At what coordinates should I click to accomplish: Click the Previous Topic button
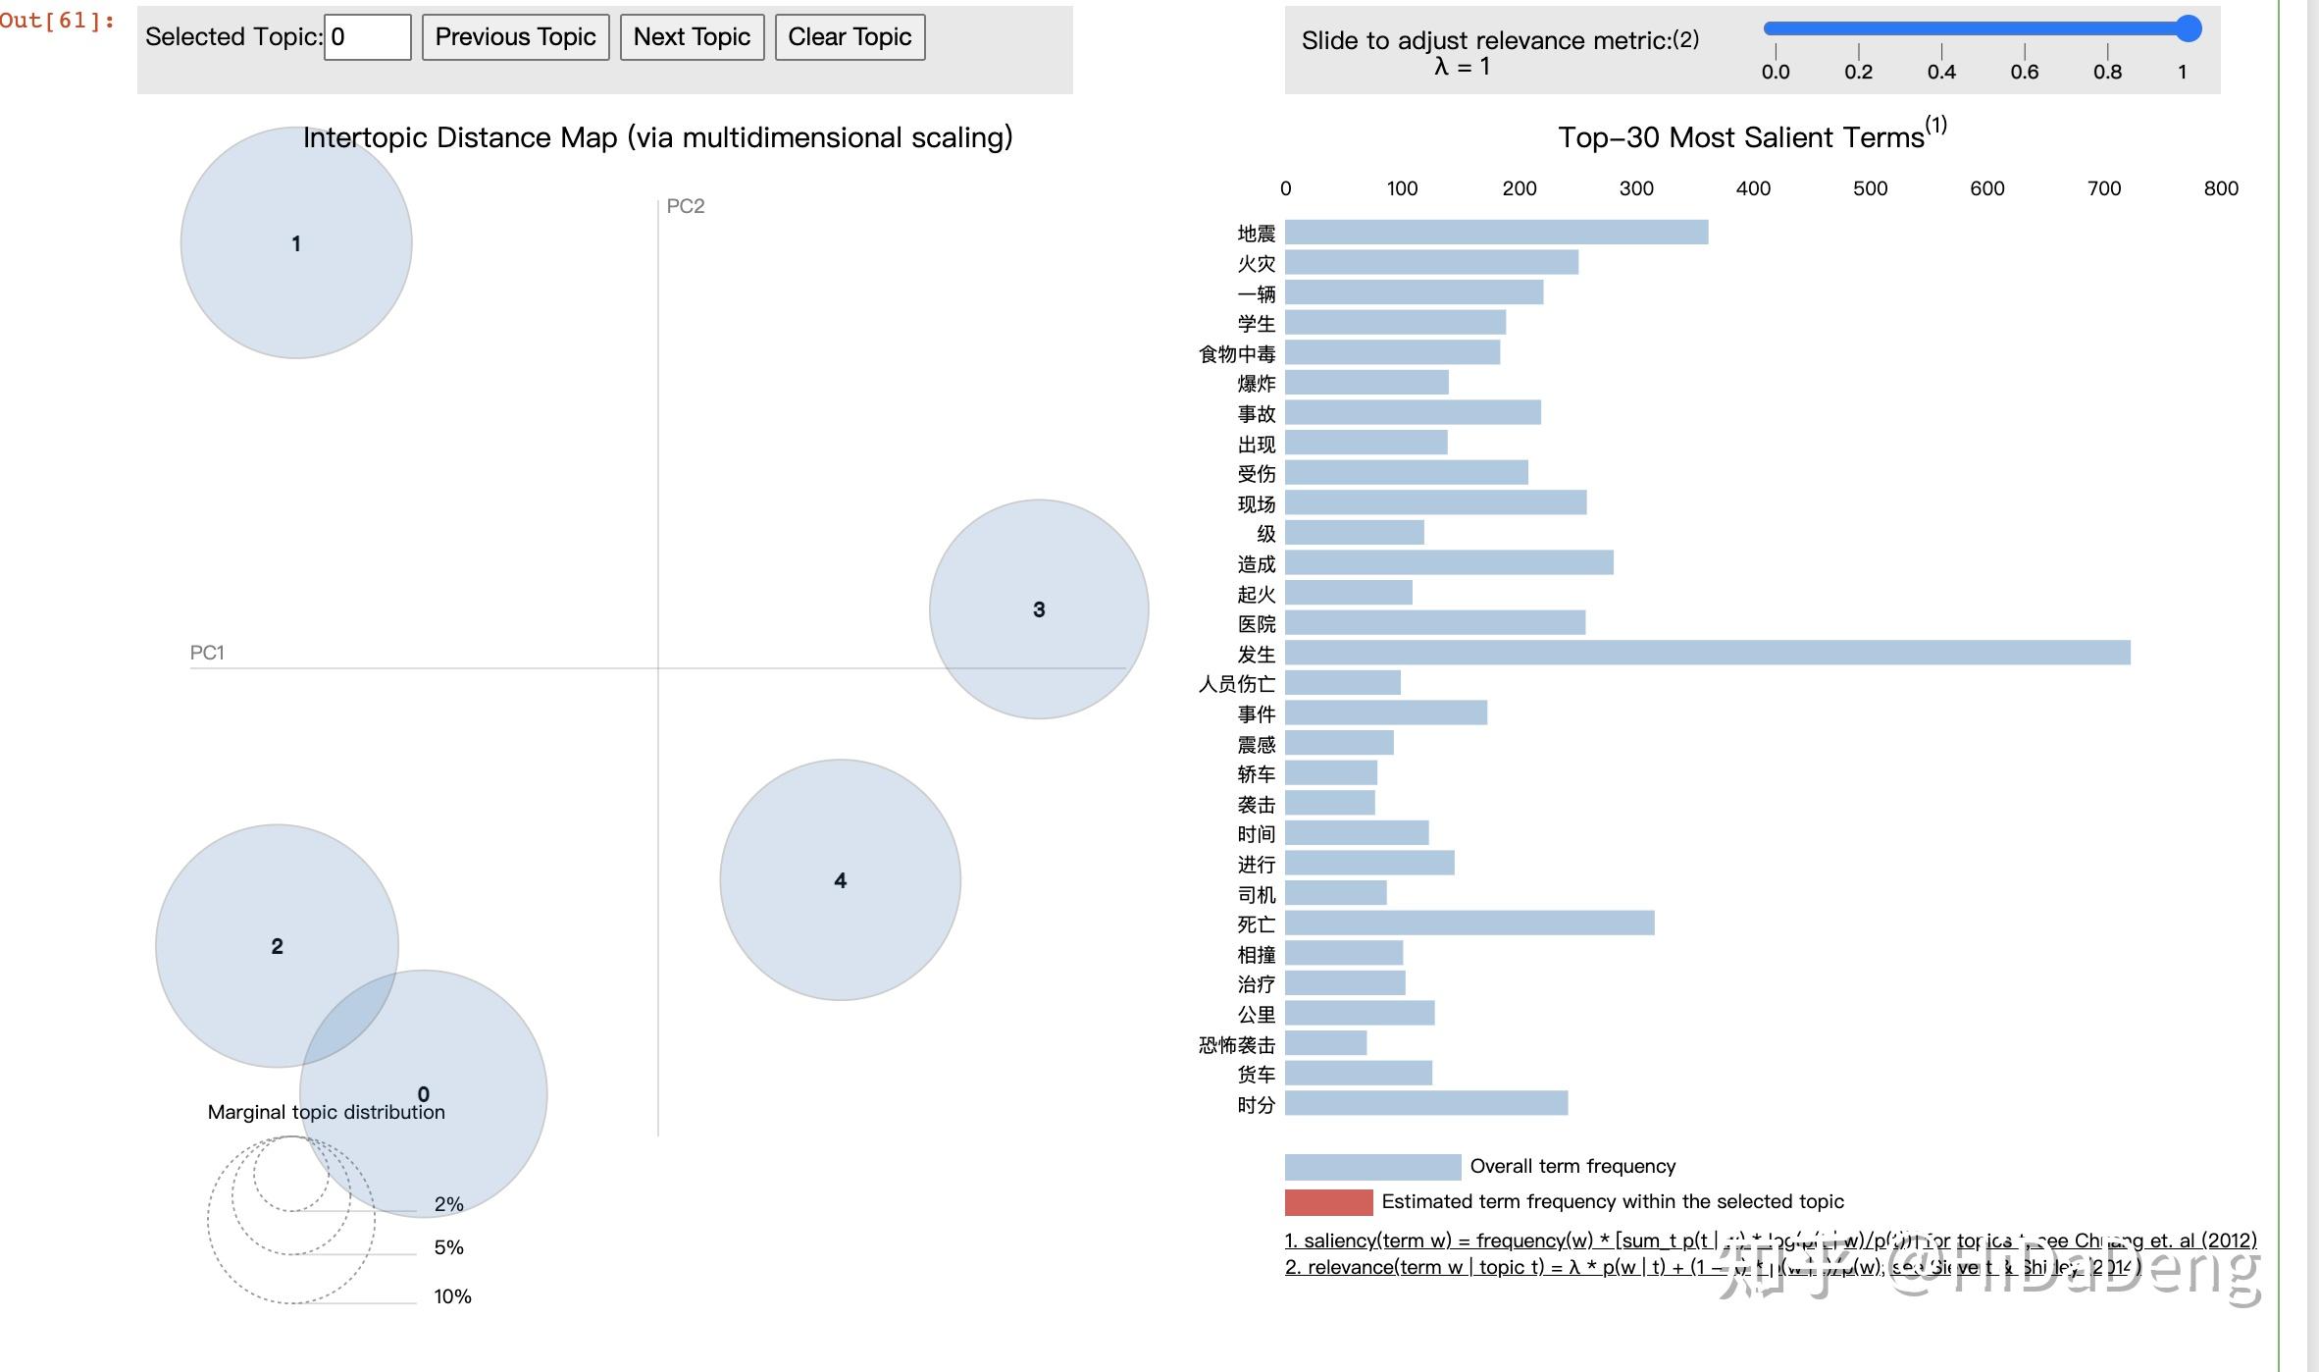pyautogui.click(x=515, y=37)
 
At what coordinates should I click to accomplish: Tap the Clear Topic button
pyautogui.click(x=850, y=37)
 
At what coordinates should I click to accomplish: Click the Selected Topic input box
pyautogui.click(x=367, y=37)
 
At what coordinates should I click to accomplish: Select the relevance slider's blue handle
pyautogui.click(x=2188, y=28)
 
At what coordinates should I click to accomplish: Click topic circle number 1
pyautogui.click(x=296, y=242)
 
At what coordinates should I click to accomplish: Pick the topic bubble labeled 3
pyautogui.click(x=1039, y=609)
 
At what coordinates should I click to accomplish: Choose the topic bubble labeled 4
pyautogui.click(x=840, y=880)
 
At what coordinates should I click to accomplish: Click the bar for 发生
pyautogui.click(x=1707, y=653)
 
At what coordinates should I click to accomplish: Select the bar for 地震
pyautogui.click(x=1496, y=233)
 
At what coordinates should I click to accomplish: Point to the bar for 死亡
pyautogui.click(x=1469, y=923)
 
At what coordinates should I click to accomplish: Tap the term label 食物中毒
pyautogui.click(x=1237, y=354)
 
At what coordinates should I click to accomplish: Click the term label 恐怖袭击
pyautogui.click(x=1237, y=1045)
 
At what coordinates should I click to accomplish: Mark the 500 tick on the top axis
pyautogui.click(x=1870, y=188)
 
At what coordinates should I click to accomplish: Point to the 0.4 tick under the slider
pyautogui.click(x=1941, y=72)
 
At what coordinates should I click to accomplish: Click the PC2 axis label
pyautogui.click(x=686, y=206)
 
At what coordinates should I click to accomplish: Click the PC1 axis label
pyautogui.click(x=207, y=653)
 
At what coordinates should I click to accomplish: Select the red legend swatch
pyautogui.click(x=1328, y=1202)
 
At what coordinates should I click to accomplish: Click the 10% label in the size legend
pyautogui.click(x=452, y=1296)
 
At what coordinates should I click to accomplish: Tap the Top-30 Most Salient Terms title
pyautogui.click(x=1741, y=137)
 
